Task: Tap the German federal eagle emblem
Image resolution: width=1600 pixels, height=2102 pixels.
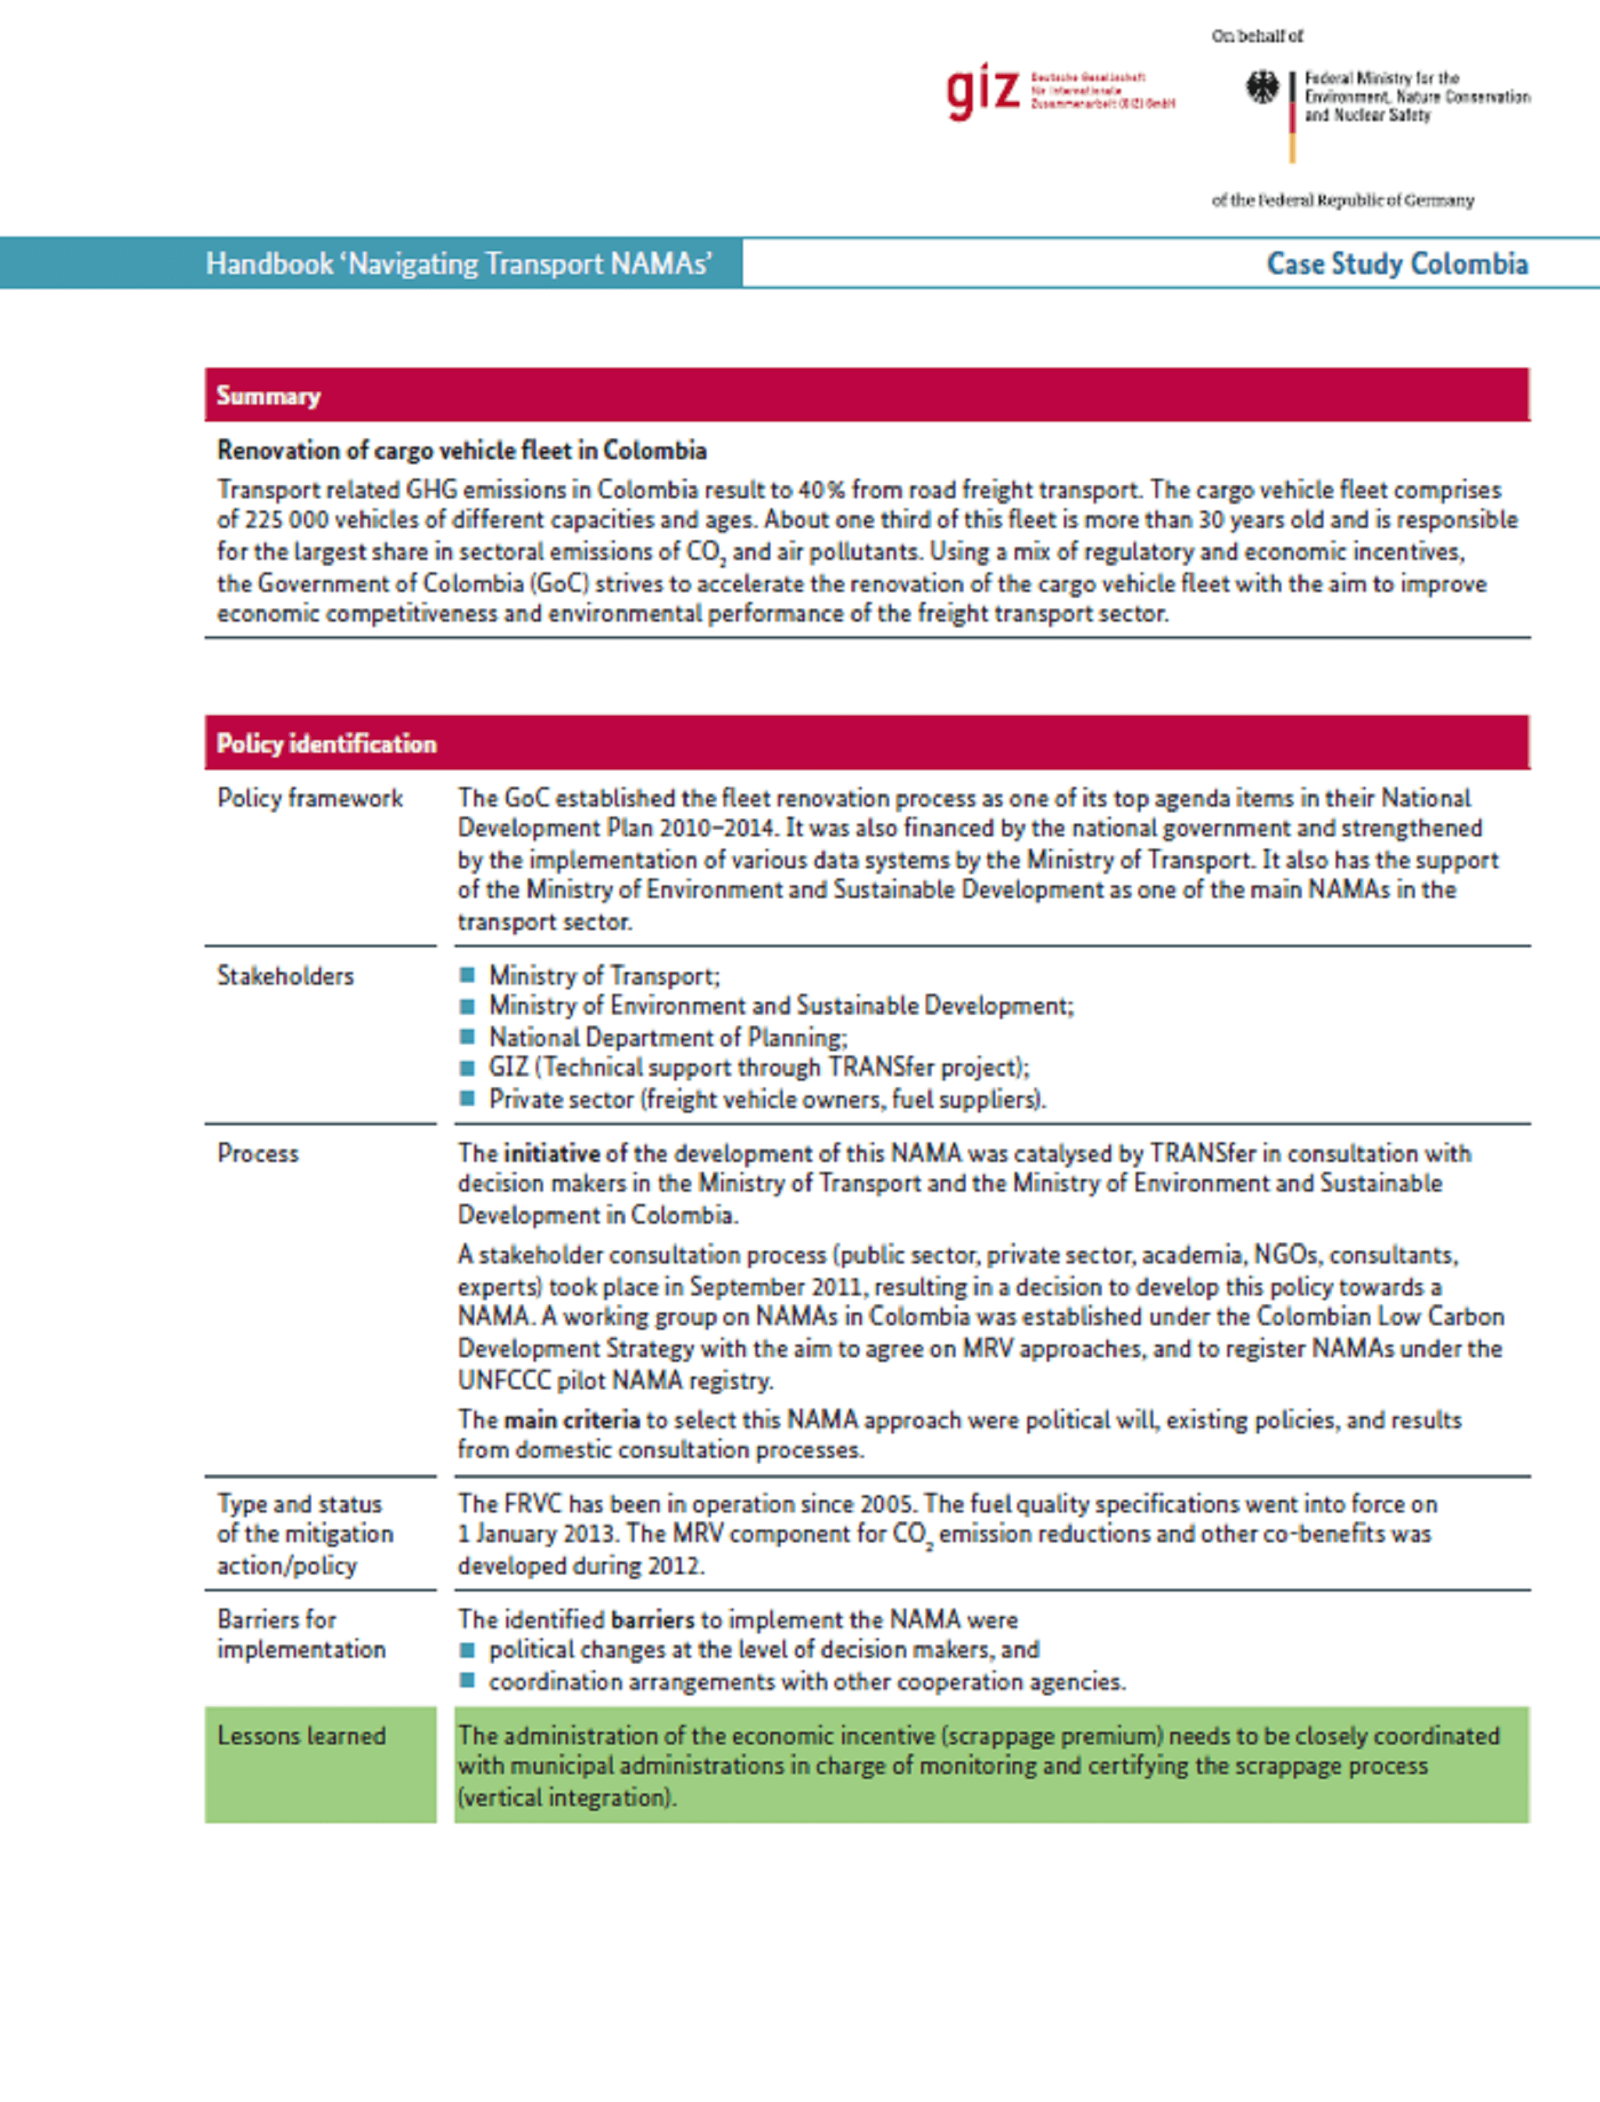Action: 1262,88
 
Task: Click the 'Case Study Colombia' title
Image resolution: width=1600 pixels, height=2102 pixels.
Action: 1396,264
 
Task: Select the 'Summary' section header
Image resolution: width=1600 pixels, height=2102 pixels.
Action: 268,395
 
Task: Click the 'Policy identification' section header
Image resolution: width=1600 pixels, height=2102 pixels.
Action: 326,743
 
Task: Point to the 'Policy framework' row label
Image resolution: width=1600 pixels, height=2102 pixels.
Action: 309,798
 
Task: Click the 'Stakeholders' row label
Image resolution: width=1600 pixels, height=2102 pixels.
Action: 284,976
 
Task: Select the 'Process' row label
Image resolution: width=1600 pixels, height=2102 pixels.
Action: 257,1153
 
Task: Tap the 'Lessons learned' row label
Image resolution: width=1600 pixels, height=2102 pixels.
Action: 301,1736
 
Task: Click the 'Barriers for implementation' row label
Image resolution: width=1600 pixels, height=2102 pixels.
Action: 301,1634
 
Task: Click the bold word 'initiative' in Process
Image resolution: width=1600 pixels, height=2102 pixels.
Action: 552,1153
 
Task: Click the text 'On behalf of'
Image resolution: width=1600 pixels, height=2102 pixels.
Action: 1257,36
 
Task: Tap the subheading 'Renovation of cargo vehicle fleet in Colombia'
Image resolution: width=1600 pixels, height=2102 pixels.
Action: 462,451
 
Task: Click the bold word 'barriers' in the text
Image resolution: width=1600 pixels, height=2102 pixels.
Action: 652,1619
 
